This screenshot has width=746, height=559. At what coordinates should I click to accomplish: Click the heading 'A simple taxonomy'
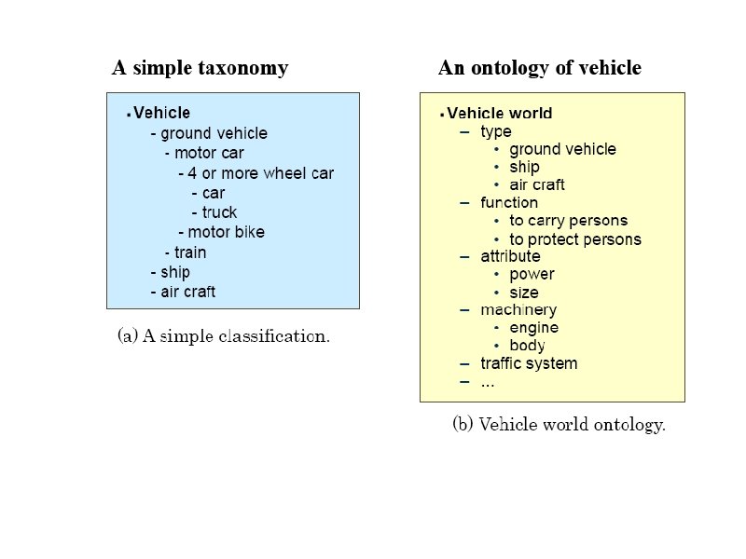(200, 68)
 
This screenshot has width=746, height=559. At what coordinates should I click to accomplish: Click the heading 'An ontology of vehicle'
(539, 68)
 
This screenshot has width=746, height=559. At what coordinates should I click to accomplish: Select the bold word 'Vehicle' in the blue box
(161, 114)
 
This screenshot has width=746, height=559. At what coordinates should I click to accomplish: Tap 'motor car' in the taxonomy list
(209, 153)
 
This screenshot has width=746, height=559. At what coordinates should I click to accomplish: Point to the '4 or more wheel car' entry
(260, 173)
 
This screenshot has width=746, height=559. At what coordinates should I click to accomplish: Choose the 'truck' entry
(219, 212)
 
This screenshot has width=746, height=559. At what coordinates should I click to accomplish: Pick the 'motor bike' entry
(226, 232)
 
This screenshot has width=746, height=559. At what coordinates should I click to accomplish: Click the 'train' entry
(190, 252)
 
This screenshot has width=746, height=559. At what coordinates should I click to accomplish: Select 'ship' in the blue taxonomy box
(174, 272)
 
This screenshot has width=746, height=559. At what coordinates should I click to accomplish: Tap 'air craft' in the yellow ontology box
(536, 184)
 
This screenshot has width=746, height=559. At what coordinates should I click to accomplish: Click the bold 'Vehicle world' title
(499, 114)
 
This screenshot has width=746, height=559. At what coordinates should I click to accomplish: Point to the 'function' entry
(508, 202)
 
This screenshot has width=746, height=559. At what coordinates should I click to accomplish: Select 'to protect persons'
(574, 239)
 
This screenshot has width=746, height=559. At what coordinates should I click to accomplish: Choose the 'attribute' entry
(510, 256)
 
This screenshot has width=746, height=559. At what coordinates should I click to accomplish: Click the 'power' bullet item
(532, 274)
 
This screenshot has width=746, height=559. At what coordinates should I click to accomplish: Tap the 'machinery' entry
(518, 309)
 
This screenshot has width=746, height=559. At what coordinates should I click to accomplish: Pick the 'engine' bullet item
(533, 328)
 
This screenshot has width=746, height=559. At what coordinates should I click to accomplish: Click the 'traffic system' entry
(529, 363)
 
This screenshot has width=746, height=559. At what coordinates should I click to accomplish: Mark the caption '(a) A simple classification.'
(224, 335)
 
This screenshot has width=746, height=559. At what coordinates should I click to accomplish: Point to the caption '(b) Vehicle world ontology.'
(559, 425)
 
